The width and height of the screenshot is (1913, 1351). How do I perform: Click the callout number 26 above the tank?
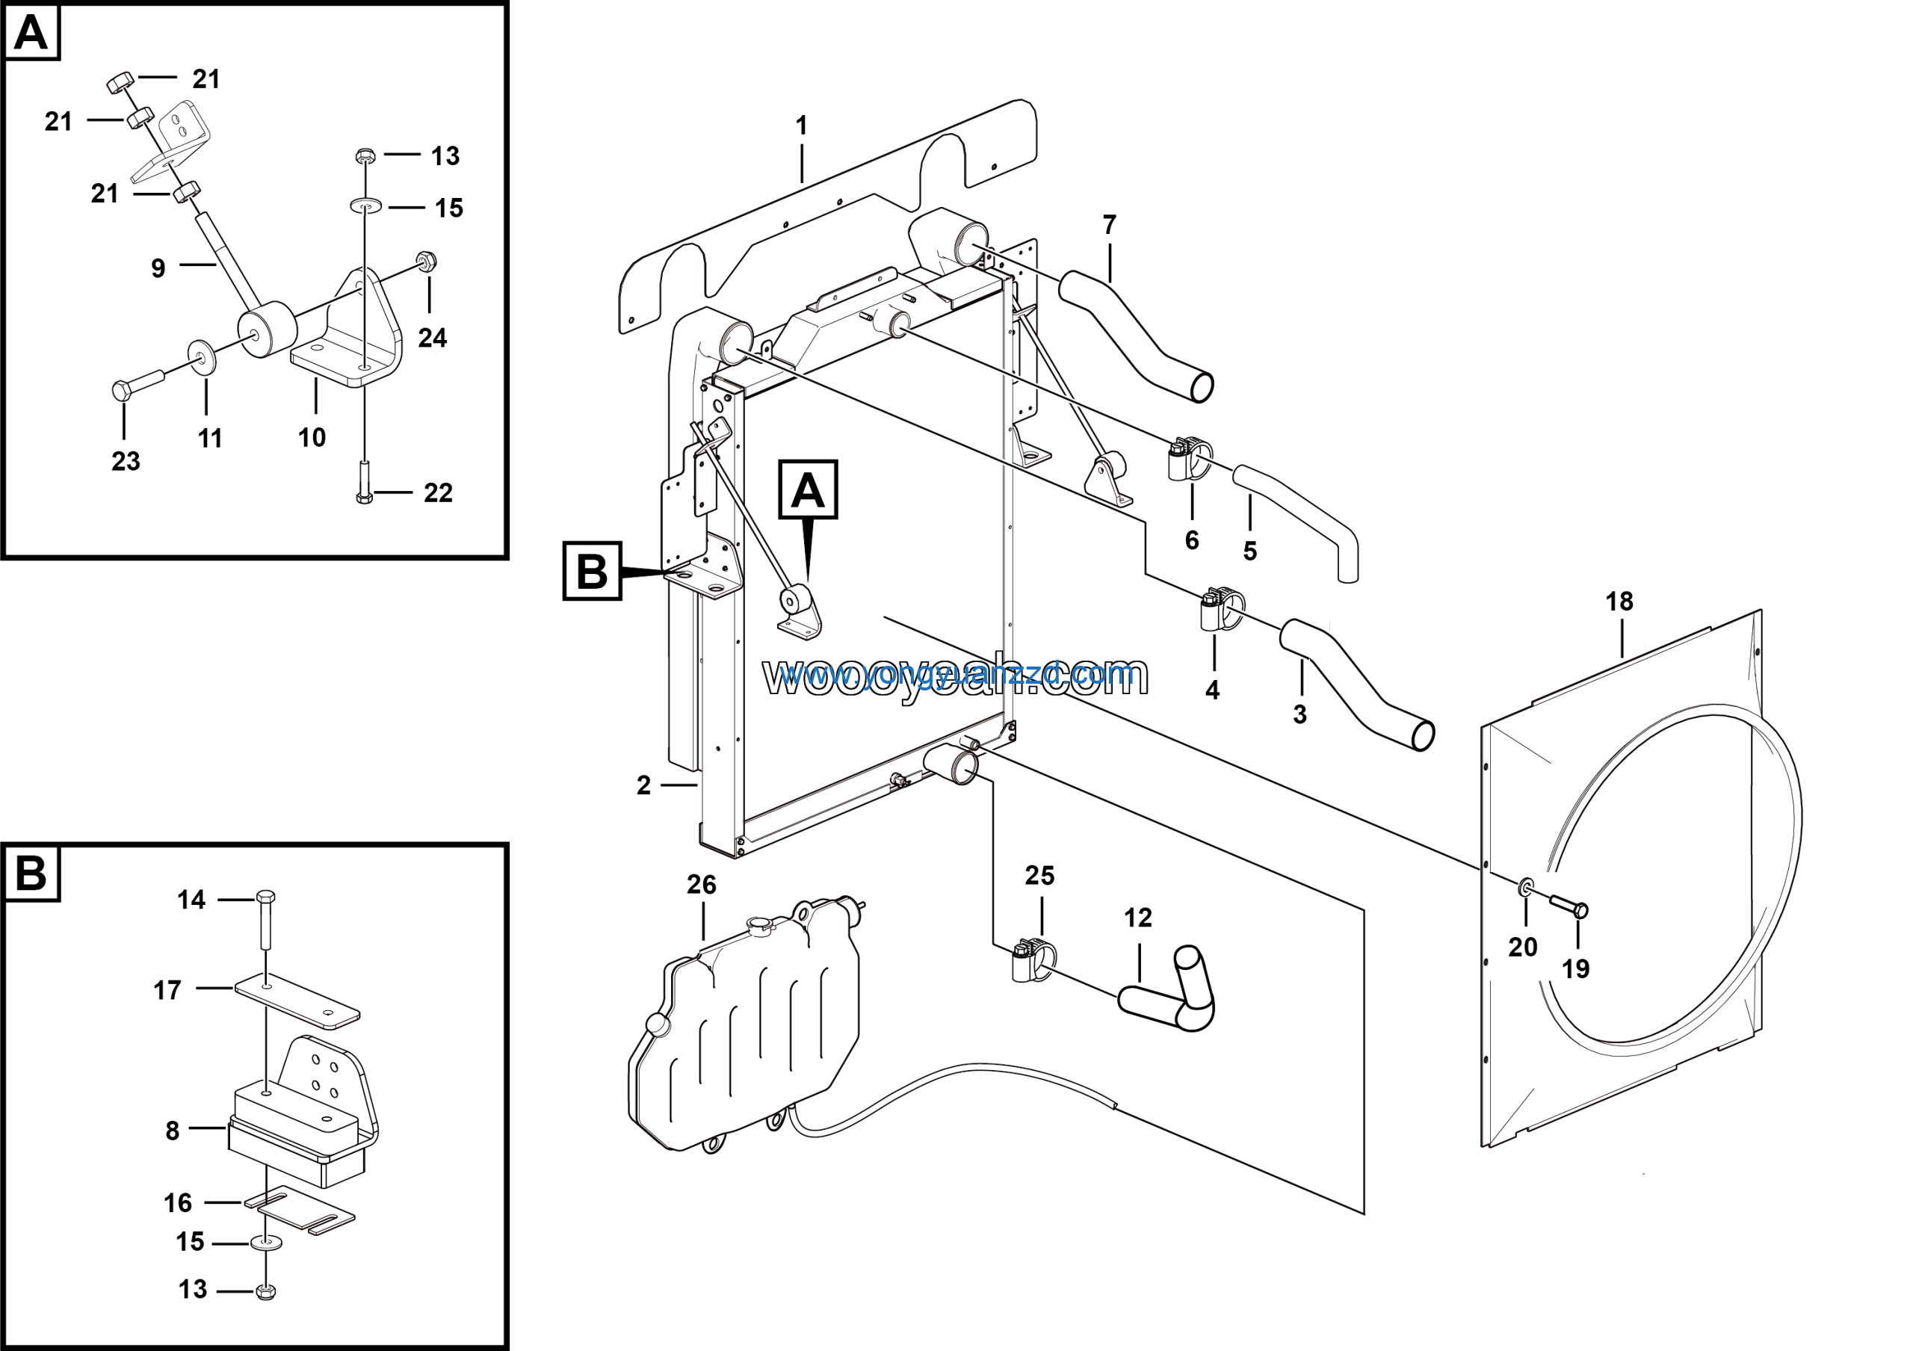(x=701, y=885)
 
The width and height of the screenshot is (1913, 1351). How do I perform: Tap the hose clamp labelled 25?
(x=1031, y=960)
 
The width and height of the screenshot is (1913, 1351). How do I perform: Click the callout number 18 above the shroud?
(x=1619, y=602)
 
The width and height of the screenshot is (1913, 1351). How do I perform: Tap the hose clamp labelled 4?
(x=1219, y=610)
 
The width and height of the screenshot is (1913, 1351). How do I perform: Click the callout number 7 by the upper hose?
(x=1109, y=225)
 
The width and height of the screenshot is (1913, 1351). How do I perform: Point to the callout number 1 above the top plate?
(x=802, y=126)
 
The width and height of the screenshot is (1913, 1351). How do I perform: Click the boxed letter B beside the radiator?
(x=593, y=572)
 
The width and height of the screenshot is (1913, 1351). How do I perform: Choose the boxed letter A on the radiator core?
(x=807, y=489)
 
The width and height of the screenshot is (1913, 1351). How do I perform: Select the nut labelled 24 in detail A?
(x=427, y=262)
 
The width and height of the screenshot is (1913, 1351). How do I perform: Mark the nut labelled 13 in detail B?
(x=265, y=1291)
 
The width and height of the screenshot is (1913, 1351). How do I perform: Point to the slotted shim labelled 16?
(x=300, y=1211)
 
